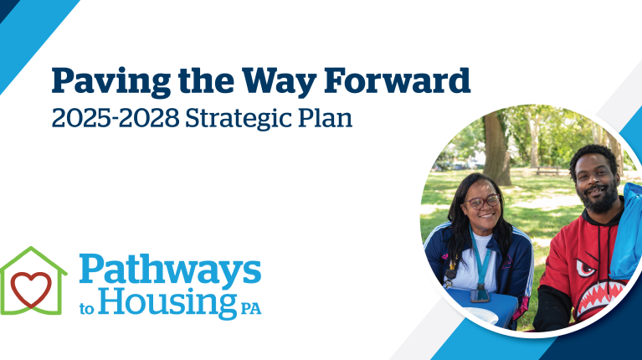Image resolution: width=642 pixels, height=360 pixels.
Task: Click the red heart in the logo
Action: point(32,287)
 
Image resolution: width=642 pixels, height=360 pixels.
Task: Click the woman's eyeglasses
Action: point(483,202)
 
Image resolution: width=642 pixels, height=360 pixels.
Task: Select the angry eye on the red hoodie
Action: point(589,270)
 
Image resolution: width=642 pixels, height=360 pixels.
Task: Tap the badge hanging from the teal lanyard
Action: point(480,293)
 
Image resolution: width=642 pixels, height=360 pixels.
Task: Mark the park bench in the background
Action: point(549,170)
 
